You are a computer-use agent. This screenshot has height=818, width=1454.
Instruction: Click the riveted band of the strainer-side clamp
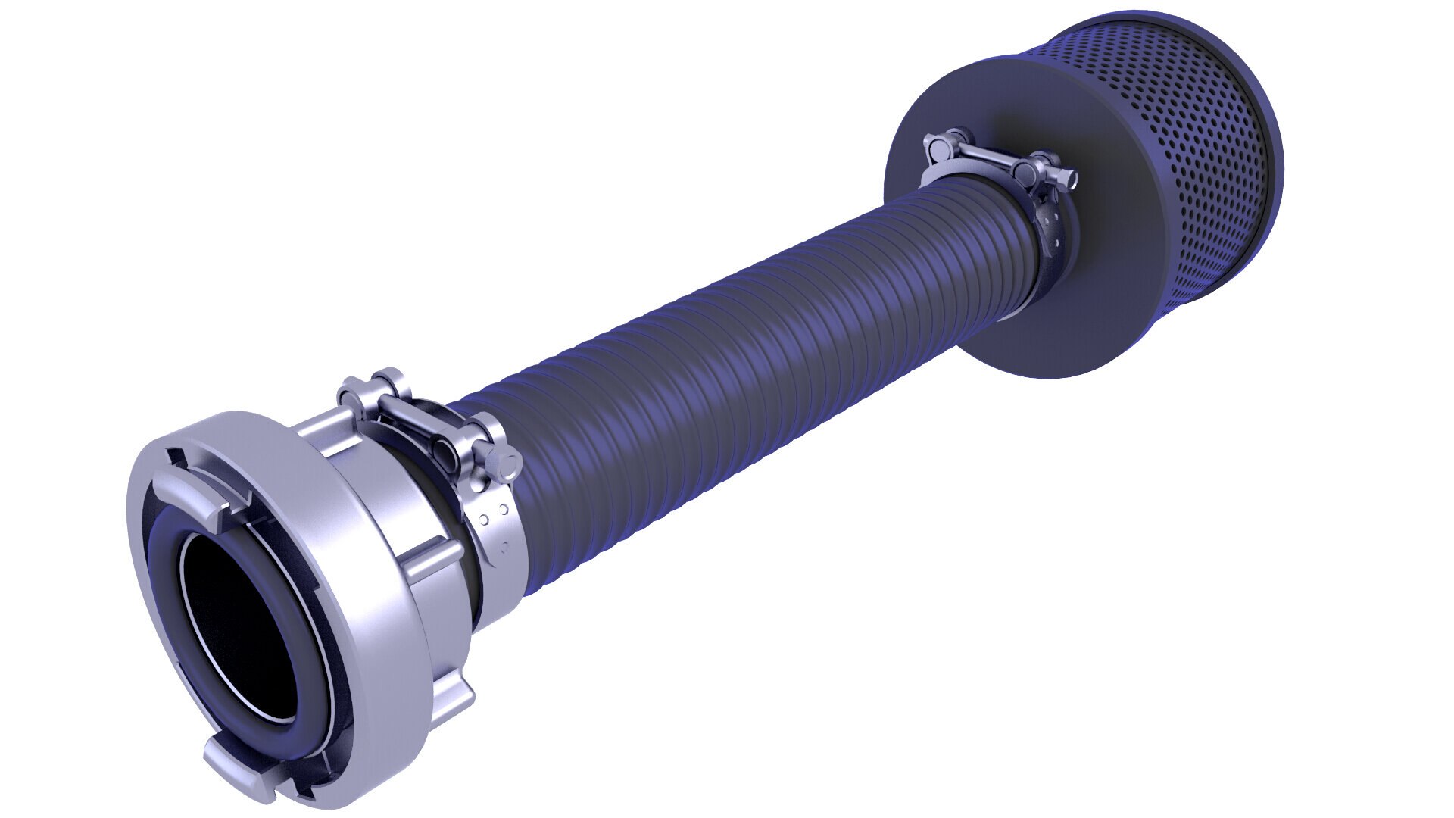click(x=1049, y=227)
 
